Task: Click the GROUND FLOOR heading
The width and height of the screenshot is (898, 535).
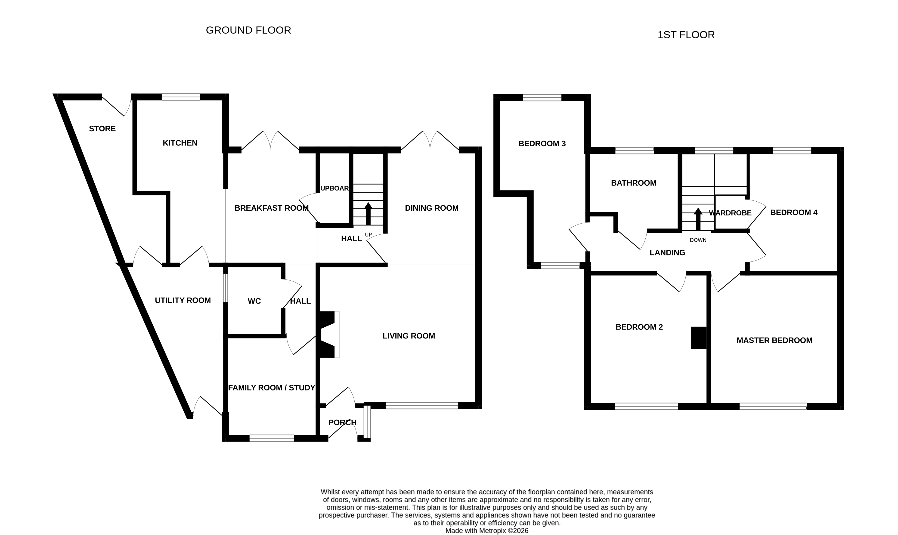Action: click(x=248, y=30)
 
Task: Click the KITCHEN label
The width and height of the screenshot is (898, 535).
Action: click(x=180, y=143)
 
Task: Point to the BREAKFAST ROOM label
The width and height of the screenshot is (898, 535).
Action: click(x=271, y=208)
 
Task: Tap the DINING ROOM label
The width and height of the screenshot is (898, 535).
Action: click(x=431, y=208)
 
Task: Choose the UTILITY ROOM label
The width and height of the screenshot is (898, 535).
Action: click(x=183, y=300)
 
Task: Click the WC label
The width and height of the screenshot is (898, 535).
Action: click(x=254, y=301)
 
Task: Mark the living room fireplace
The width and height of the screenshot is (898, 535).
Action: click(x=329, y=335)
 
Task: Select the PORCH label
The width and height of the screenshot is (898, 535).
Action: click(x=342, y=422)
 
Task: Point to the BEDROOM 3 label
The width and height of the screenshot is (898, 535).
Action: click(x=542, y=144)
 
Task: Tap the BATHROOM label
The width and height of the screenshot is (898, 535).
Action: click(x=633, y=183)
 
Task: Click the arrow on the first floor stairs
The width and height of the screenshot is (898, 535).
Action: click(x=698, y=219)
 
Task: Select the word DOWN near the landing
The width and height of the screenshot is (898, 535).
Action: click(x=698, y=240)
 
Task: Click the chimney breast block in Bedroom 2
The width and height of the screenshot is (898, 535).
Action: click(x=698, y=338)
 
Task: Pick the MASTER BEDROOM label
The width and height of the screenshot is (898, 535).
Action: click(x=774, y=340)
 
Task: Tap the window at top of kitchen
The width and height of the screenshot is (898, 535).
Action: click(x=181, y=97)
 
